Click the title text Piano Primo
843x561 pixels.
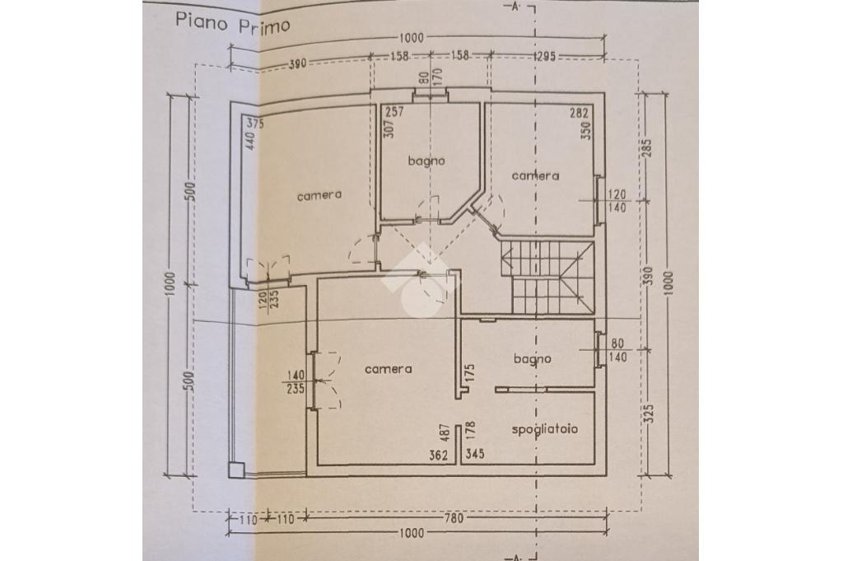[233, 24]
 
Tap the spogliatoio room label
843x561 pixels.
[545, 428]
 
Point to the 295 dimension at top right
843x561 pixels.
[545, 56]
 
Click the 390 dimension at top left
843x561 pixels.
[297, 63]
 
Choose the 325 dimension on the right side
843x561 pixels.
[649, 414]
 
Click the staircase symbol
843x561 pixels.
[547, 278]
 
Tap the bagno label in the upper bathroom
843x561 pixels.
[426, 161]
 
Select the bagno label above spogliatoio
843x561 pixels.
[533, 359]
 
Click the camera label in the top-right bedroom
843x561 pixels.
[535, 176]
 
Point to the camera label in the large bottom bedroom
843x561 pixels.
[389, 369]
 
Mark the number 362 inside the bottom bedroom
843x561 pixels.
[439, 455]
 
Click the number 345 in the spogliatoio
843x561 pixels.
[475, 454]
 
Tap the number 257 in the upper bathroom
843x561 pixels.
[395, 112]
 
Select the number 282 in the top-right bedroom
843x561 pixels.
[580, 113]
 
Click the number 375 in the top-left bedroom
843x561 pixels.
[255, 124]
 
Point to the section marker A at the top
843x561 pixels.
[515, 7]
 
